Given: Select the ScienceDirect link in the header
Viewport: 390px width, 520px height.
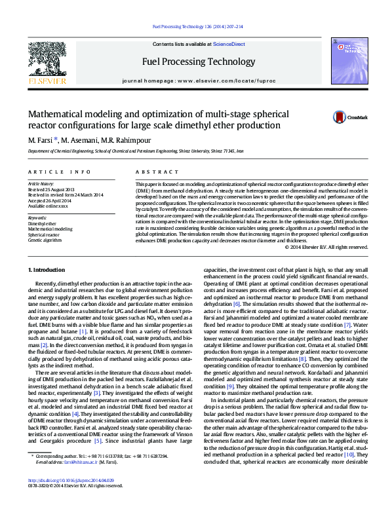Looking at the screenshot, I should [229, 44].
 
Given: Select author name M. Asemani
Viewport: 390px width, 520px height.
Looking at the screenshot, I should [82, 139].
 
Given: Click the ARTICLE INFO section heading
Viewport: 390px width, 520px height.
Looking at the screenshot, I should [58, 172].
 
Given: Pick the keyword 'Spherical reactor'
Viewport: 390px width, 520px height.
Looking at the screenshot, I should [45, 234].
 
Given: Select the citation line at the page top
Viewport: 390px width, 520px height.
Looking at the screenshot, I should [197, 27].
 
